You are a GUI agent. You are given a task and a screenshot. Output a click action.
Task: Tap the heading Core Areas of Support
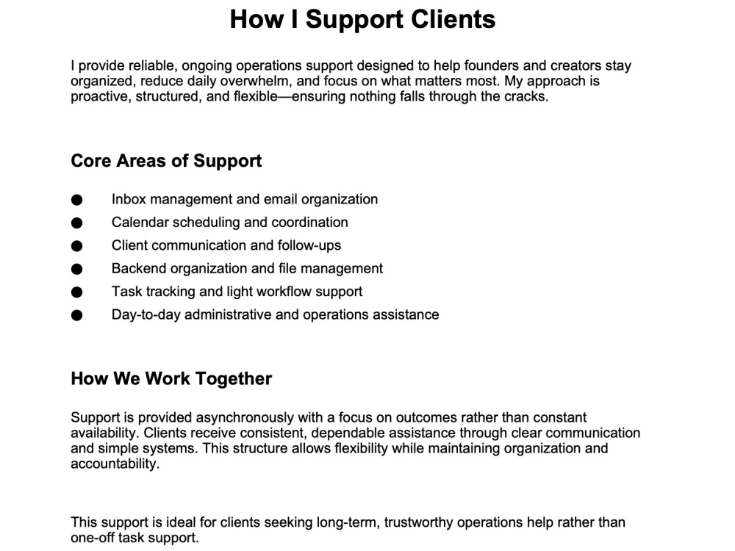tap(166, 161)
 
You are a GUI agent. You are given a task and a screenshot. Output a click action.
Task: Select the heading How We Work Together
tap(171, 378)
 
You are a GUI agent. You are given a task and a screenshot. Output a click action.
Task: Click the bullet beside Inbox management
tap(77, 200)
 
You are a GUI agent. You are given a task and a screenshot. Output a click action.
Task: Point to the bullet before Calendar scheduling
tap(77, 223)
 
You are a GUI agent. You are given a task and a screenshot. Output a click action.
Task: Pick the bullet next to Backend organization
tap(77, 269)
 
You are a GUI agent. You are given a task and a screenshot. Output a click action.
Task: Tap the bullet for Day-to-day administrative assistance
tap(77, 315)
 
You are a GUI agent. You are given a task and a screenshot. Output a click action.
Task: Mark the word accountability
tap(115, 464)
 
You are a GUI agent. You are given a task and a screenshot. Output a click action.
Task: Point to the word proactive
tap(101, 96)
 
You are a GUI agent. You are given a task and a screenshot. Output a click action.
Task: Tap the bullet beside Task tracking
tap(77, 292)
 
